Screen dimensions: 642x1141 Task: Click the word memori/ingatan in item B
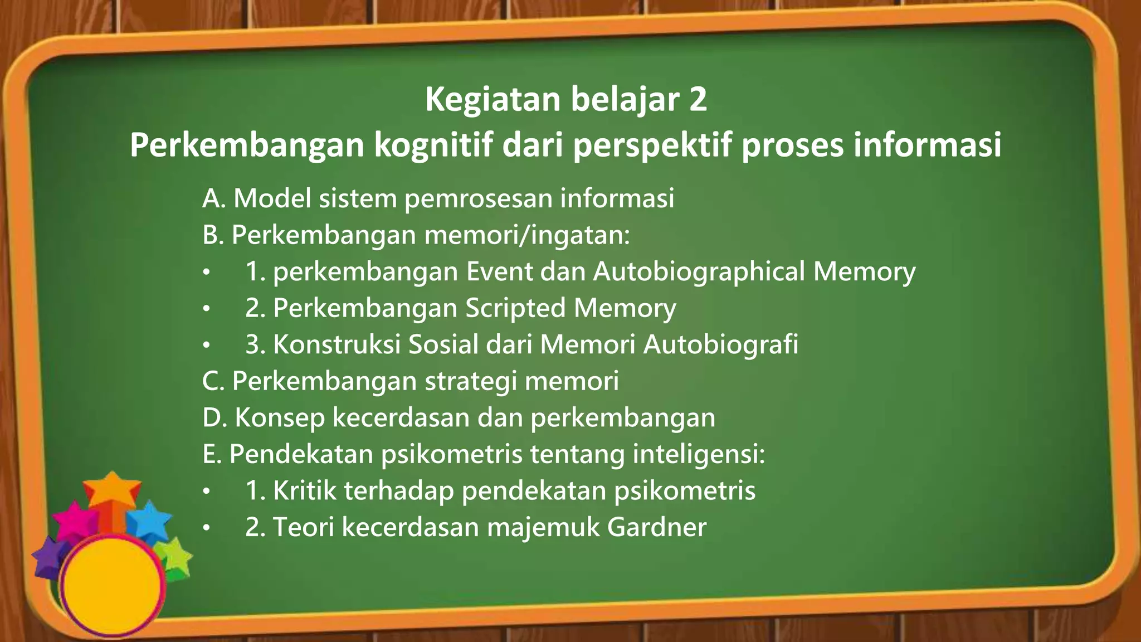pyautogui.click(x=527, y=235)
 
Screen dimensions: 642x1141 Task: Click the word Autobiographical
pyautogui.click(x=699, y=271)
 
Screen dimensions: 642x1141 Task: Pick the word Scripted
pyautogui.click(x=515, y=308)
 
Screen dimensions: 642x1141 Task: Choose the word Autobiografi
pyautogui.click(x=721, y=344)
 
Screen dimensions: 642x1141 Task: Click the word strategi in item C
pyautogui.click(x=471, y=381)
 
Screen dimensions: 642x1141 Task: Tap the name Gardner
pyautogui.click(x=657, y=527)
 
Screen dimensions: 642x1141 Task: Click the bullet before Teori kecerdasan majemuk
pyautogui.click(x=207, y=527)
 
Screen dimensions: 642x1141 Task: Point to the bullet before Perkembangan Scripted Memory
pyautogui.click(x=207, y=308)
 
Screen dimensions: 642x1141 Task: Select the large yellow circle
pyautogui.click(x=111, y=585)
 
